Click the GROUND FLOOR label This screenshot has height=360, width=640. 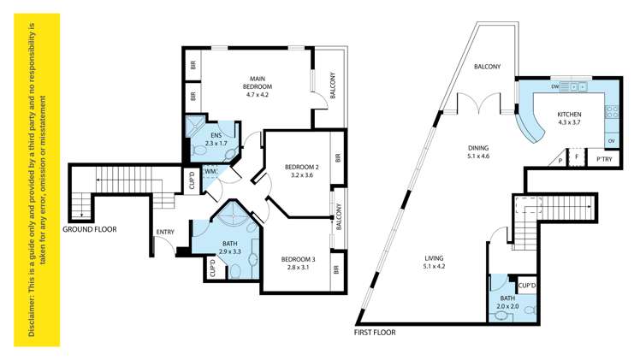[90, 229]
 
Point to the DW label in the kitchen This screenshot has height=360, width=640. [555, 87]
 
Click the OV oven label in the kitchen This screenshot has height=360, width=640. [611, 141]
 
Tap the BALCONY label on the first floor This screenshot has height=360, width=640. [489, 66]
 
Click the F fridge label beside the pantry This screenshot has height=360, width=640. [578, 159]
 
